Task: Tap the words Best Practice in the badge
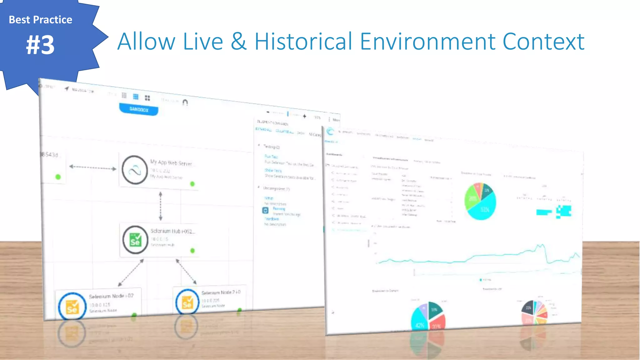coord(41,20)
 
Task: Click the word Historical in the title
coord(303,42)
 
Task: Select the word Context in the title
coord(543,42)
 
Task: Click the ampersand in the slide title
coord(239,42)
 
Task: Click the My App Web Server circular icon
coord(135,170)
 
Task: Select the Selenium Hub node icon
coord(135,240)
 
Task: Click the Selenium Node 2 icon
coord(187,302)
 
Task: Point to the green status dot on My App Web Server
coord(192,184)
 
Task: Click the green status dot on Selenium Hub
coord(192,251)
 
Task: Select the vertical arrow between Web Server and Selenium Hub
coord(161,206)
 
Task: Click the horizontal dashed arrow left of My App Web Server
coord(92,167)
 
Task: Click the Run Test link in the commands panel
coord(271,156)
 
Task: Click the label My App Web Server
coord(171,163)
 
